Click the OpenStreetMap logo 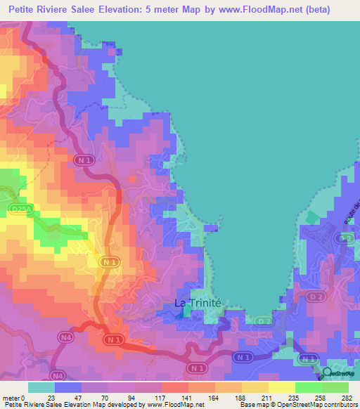[338, 372]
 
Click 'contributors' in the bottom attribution [340, 405]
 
